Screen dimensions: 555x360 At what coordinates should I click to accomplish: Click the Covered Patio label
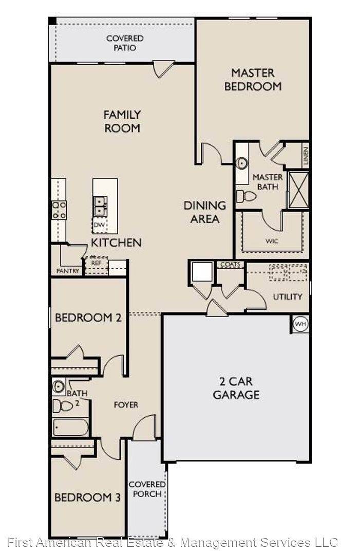(124, 43)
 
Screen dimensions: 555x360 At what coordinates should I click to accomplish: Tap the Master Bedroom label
(253, 80)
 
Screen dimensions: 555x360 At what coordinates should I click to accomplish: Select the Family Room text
(122, 121)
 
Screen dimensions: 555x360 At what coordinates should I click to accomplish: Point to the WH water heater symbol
(300, 324)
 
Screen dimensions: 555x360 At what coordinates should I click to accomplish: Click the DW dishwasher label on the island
(98, 225)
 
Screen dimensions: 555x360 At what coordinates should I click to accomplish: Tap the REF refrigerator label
(96, 263)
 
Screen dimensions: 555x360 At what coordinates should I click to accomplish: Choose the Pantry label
(67, 271)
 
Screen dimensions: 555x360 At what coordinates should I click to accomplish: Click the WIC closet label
(272, 240)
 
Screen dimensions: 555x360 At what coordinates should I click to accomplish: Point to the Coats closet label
(230, 265)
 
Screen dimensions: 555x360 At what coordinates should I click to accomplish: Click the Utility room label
(287, 297)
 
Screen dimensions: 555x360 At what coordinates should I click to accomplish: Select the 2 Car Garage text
(236, 388)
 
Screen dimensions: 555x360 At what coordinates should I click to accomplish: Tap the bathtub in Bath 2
(70, 427)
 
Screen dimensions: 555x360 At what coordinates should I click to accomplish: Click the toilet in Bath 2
(63, 406)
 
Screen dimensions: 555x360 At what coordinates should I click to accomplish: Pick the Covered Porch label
(147, 489)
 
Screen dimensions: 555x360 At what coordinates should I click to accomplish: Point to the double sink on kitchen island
(100, 206)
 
